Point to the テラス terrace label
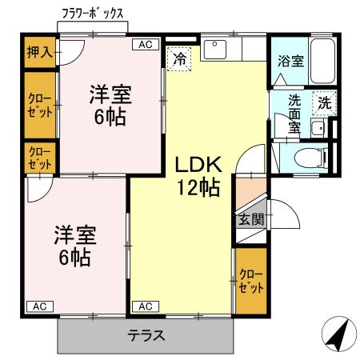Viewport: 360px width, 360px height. tap(146, 335)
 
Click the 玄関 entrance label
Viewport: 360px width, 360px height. tap(250, 220)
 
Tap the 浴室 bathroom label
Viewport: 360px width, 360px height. tap(290, 60)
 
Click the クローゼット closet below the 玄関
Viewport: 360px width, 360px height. tap(250, 281)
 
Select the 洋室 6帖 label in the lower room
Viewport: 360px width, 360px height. tap(75, 247)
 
